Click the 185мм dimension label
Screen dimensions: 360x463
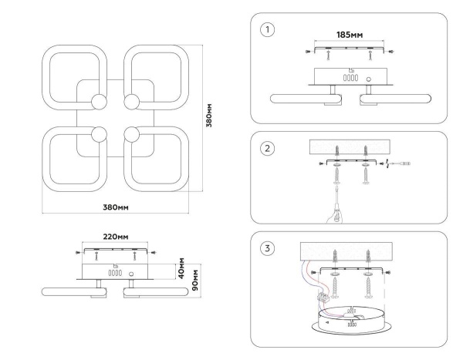click(350, 35)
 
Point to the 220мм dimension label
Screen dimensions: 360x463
click(115, 237)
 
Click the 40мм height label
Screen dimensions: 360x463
click(181, 268)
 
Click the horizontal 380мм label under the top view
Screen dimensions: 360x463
click(115, 207)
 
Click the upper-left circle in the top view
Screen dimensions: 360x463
click(99, 102)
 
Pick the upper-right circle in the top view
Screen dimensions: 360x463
click(131, 102)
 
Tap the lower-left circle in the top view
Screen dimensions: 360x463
click(99, 134)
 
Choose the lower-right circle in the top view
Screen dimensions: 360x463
click(131, 134)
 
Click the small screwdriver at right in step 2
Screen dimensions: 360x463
click(401, 164)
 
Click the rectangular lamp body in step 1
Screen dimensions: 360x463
click(350, 76)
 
